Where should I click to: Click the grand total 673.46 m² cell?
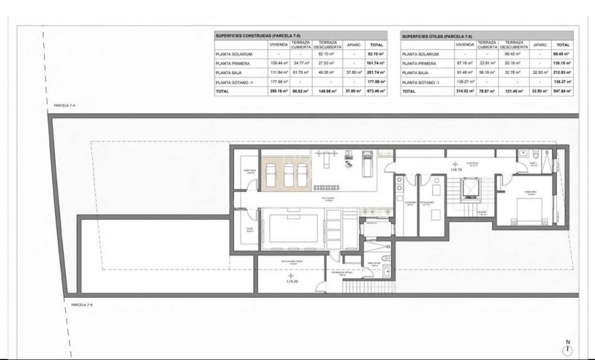pos(376,92)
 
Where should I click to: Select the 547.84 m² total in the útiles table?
pos(563,92)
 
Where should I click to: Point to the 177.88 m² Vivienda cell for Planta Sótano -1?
pos(279,82)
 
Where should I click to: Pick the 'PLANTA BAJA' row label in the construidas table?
pos(230,72)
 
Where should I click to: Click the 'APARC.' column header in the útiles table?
pos(540,45)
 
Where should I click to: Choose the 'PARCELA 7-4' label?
pos(64,105)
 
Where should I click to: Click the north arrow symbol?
pos(568,348)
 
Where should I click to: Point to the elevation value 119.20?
pos(291,282)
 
